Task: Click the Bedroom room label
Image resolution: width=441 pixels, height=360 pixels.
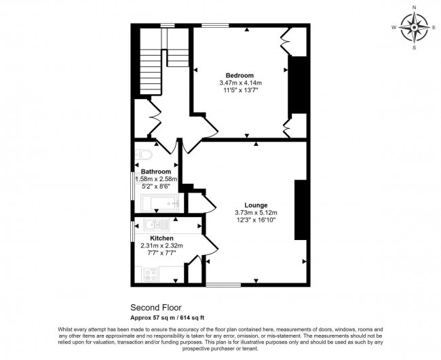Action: [x=239, y=75]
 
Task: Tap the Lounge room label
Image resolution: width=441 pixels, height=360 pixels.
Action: [x=256, y=205]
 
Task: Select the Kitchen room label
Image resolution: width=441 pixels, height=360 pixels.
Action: [x=161, y=239]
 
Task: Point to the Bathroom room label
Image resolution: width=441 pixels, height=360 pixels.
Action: [x=156, y=172]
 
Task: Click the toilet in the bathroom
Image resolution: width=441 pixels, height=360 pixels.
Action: [x=144, y=155]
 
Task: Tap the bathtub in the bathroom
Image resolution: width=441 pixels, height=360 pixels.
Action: [x=160, y=203]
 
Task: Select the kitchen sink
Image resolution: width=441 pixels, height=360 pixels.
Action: [x=156, y=224]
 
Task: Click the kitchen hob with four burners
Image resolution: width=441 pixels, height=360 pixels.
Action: [x=151, y=275]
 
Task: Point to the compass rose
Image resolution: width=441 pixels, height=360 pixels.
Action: [x=414, y=28]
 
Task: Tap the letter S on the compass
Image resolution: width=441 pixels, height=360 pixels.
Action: [x=414, y=47]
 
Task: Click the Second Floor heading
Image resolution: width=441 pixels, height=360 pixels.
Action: [x=156, y=307]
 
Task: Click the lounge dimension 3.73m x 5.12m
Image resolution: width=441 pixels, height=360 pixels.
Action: [x=256, y=213]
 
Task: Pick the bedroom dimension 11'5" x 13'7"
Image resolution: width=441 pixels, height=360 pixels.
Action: [x=239, y=90]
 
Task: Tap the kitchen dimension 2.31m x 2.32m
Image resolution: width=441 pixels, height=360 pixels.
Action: [x=161, y=245]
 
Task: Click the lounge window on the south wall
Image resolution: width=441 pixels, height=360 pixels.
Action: [x=223, y=285]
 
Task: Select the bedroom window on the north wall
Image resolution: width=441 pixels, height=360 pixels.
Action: [x=215, y=26]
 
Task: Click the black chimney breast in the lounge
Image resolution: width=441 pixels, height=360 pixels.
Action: [x=301, y=210]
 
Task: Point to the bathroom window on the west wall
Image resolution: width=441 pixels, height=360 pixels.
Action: [x=133, y=186]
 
